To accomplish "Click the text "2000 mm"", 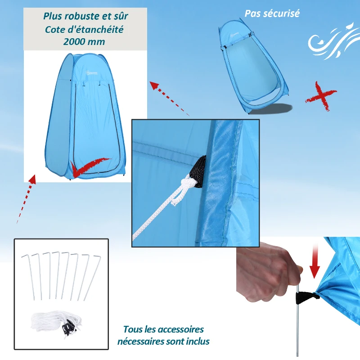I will coord(85,41).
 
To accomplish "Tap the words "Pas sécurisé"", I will coord(272,13).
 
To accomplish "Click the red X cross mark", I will coord(320,95).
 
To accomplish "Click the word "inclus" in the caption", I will coord(197,342).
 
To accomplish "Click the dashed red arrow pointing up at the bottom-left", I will coord(26,198).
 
